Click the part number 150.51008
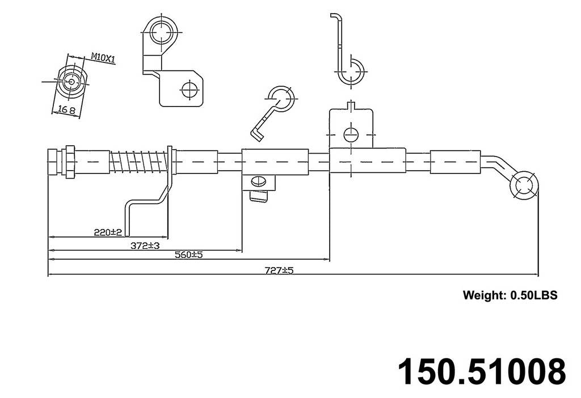[x=482, y=371]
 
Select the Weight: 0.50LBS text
[x=510, y=295]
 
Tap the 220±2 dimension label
[x=108, y=232]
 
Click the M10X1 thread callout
[x=103, y=57]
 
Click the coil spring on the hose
[x=138, y=162]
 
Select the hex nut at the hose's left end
[x=68, y=161]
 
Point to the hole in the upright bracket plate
[x=351, y=134]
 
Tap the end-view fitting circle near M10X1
[x=71, y=82]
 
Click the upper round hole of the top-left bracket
[x=163, y=32]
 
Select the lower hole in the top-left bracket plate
[x=189, y=89]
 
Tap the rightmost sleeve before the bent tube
[x=455, y=162]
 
